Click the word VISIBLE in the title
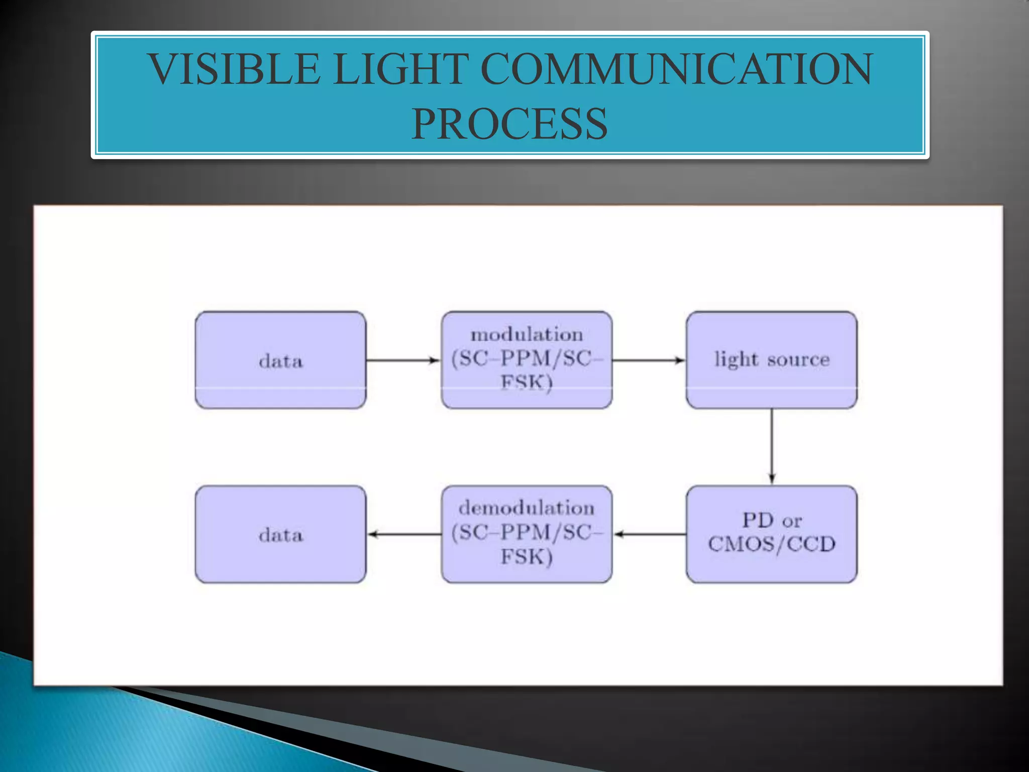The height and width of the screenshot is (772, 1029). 234,69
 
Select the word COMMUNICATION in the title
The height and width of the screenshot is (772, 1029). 676,69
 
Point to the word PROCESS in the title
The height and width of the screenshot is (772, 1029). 509,124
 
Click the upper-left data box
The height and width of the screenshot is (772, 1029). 280,360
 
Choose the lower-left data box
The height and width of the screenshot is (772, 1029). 280,534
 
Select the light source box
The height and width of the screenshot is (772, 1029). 772,360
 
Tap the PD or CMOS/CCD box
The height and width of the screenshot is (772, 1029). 772,534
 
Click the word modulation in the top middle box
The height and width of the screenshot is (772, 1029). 527,335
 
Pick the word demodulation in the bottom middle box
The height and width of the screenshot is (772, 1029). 527,508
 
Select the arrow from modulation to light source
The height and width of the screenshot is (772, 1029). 649,360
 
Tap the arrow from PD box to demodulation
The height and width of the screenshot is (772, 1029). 650,534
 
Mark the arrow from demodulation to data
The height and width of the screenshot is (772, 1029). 404,534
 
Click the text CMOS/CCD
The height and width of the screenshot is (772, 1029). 772,544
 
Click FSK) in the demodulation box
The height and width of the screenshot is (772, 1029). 527,557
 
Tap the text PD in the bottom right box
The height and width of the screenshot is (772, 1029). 758,520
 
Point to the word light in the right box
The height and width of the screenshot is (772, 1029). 736,360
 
